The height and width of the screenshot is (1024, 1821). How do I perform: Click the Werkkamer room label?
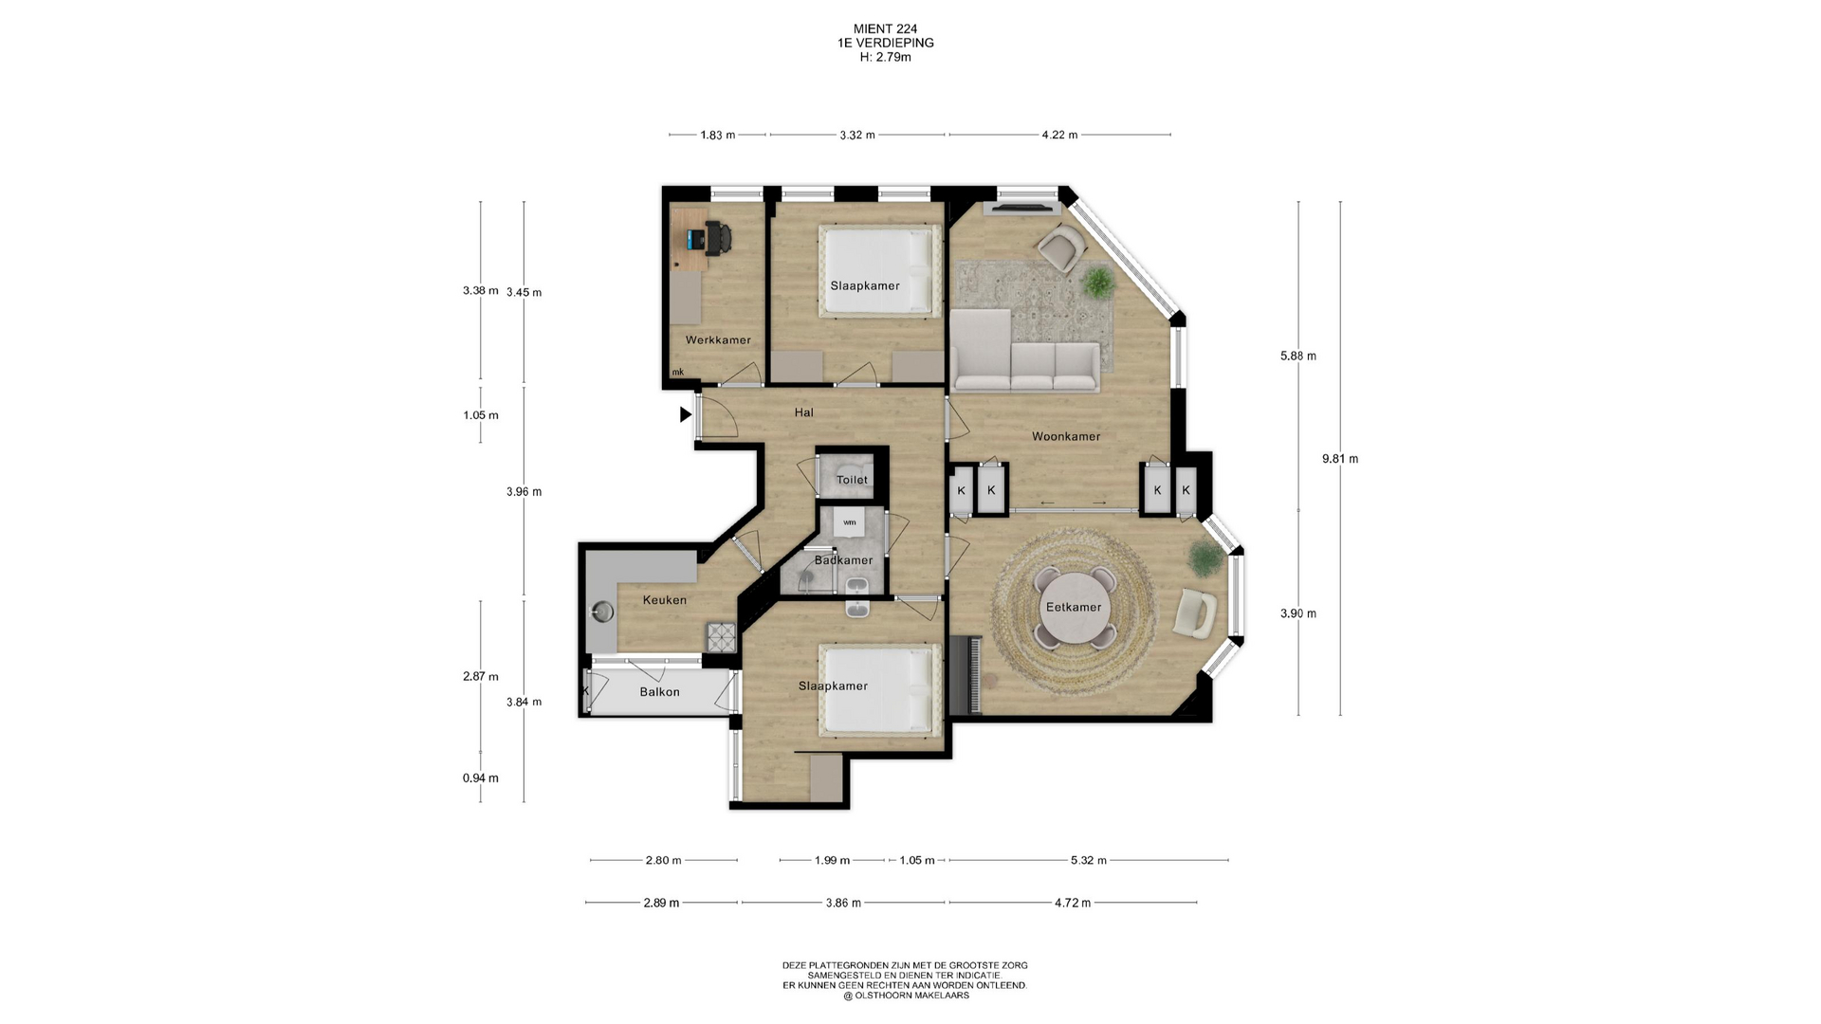718,340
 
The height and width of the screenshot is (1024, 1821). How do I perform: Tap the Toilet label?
852,480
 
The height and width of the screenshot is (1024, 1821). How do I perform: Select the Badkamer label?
843,560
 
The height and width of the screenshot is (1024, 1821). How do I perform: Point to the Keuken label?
664,600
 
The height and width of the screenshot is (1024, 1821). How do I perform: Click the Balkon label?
659,692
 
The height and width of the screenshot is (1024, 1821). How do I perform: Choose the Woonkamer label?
1066,437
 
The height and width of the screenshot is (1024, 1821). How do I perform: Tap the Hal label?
804,412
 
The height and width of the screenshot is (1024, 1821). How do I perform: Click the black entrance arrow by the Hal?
686,414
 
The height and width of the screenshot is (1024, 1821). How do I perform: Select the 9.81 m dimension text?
1340,459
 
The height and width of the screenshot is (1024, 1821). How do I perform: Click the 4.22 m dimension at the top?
1059,135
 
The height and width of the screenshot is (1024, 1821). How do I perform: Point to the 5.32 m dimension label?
1089,861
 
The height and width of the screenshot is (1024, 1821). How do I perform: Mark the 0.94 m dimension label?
481,778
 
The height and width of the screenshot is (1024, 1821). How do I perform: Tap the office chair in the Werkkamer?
717,238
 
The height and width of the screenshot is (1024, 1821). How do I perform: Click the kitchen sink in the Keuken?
602,612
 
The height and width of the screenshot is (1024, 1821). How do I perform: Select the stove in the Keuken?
721,637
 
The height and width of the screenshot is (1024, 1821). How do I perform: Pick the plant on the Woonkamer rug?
1097,282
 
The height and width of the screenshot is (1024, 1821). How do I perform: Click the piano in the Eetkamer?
966,675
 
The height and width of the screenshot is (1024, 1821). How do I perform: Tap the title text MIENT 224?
885,29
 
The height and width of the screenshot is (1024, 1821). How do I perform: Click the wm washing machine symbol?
850,522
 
